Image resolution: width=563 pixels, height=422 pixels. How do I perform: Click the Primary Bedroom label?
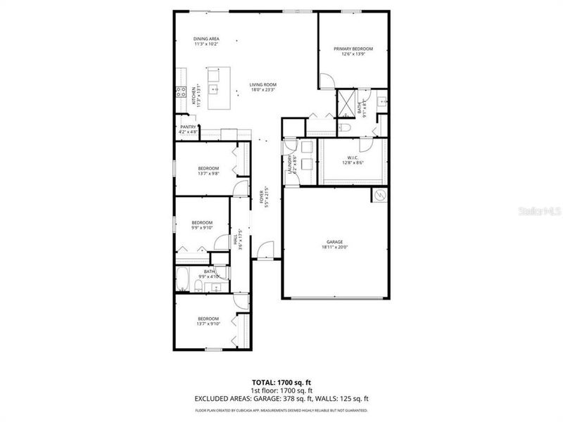pos(353,49)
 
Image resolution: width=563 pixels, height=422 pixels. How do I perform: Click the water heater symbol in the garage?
pos(379,195)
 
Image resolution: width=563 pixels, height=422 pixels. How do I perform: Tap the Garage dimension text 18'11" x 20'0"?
pos(335,247)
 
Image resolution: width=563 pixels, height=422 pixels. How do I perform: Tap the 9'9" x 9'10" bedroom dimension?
pos(202,228)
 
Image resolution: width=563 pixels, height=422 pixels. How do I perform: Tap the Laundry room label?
pos(289,163)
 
